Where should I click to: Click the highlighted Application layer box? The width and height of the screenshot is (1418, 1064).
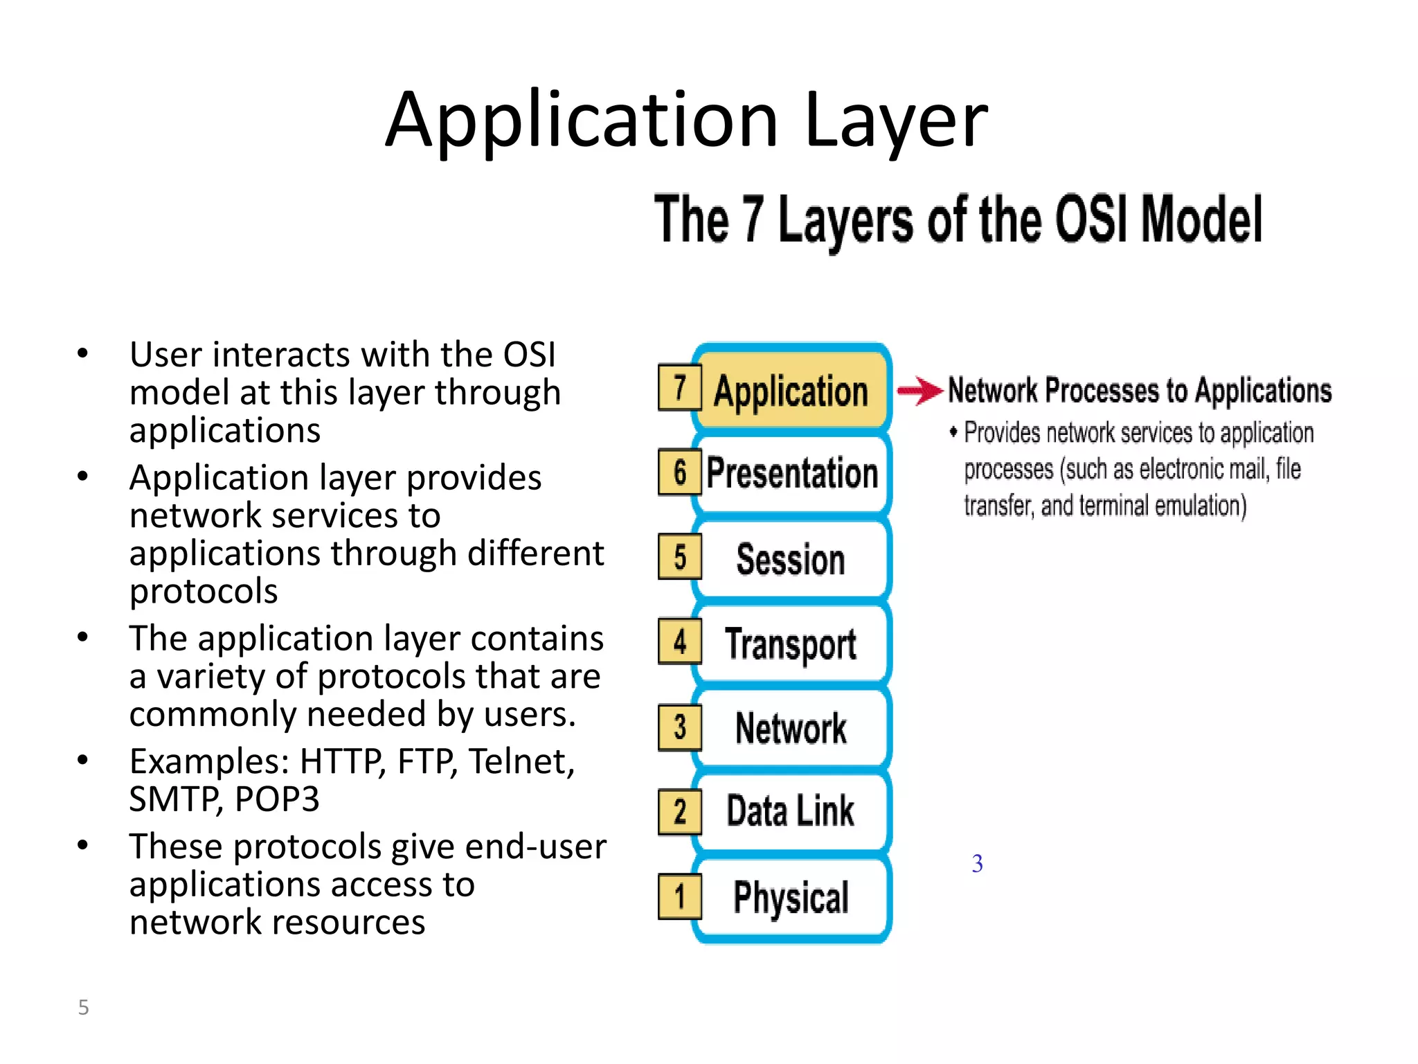(791, 390)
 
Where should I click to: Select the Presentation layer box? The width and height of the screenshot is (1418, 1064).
(792, 474)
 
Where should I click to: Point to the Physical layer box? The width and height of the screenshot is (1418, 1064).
(791, 897)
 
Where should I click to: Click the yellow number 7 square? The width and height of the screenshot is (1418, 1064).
(679, 388)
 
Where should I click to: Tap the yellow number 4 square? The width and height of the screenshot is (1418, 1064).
(679, 641)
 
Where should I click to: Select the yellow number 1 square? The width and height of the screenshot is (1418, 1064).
(679, 896)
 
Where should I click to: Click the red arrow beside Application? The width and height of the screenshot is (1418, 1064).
(919, 391)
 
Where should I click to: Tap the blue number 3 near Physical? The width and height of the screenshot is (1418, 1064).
(977, 863)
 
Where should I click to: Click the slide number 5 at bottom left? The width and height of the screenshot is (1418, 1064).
(83, 1007)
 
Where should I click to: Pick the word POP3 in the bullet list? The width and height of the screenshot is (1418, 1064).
(276, 799)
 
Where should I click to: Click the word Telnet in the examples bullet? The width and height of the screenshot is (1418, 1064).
(521, 761)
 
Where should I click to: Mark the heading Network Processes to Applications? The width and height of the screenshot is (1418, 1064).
(1139, 390)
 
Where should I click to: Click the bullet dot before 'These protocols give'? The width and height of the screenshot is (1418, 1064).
(82, 845)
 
